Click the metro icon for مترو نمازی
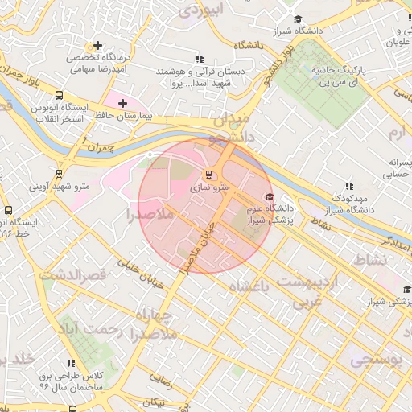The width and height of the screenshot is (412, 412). pyautogui.click(x=209, y=174)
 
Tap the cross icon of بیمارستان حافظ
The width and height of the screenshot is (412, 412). pyautogui.click(x=122, y=103)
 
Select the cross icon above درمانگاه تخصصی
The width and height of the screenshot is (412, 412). pyautogui.click(x=98, y=46)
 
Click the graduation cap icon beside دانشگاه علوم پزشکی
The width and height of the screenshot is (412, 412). pyautogui.click(x=270, y=197)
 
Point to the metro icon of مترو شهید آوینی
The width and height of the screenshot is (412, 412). pyautogui.click(x=59, y=173)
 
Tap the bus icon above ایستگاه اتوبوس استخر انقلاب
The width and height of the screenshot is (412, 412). pyautogui.click(x=60, y=94)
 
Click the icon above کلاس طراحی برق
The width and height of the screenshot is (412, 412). pyautogui.click(x=72, y=364)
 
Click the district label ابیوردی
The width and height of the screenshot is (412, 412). pyautogui.click(x=199, y=10)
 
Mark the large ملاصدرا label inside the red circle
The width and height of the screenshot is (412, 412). pyautogui.click(x=150, y=214)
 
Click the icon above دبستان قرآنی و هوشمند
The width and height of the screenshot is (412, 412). pyautogui.click(x=200, y=60)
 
